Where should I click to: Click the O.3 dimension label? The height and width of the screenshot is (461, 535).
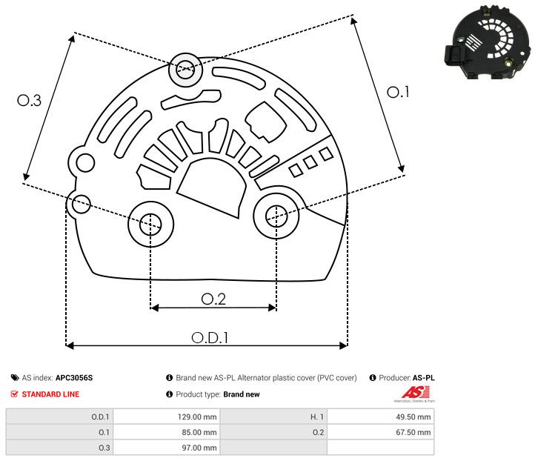coord(29,101)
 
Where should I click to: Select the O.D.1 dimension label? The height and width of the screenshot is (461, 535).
coord(209,337)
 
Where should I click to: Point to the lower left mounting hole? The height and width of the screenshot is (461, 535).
coord(150,222)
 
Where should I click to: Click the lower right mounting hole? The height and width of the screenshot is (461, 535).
coord(276,216)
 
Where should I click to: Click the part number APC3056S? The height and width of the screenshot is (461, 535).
coord(74,377)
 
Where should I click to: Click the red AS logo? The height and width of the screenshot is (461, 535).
coord(411,392)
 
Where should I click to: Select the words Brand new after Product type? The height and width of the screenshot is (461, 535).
coord(242,394)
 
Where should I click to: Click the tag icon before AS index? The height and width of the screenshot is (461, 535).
coord(15,377)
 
